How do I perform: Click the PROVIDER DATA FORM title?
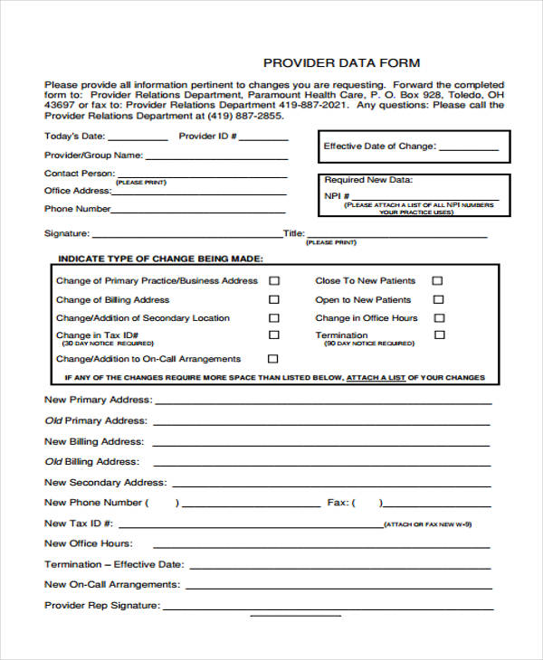[x=341, y=62]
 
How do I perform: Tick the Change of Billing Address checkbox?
[x=274, y=299]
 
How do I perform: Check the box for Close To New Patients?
[x=437, y=281]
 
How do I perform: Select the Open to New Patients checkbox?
[x=437, y=299]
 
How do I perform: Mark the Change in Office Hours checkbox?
[x=439, y=318]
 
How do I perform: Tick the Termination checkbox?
[x=440, y=335]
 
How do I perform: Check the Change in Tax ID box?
[x=274, y=335]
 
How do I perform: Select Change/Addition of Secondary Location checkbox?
[x=274, y=318]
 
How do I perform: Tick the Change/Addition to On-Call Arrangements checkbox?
[x=274, y=359]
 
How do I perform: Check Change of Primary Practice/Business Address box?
[x=274, y=281]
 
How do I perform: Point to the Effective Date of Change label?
[x=379, y=146]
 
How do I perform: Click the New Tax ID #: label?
[x=79, y=523]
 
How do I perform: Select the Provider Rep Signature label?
[x=102, y=606]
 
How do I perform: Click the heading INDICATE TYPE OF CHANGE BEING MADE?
[x=160, y=258]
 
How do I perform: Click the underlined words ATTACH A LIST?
[x=376, y=377]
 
